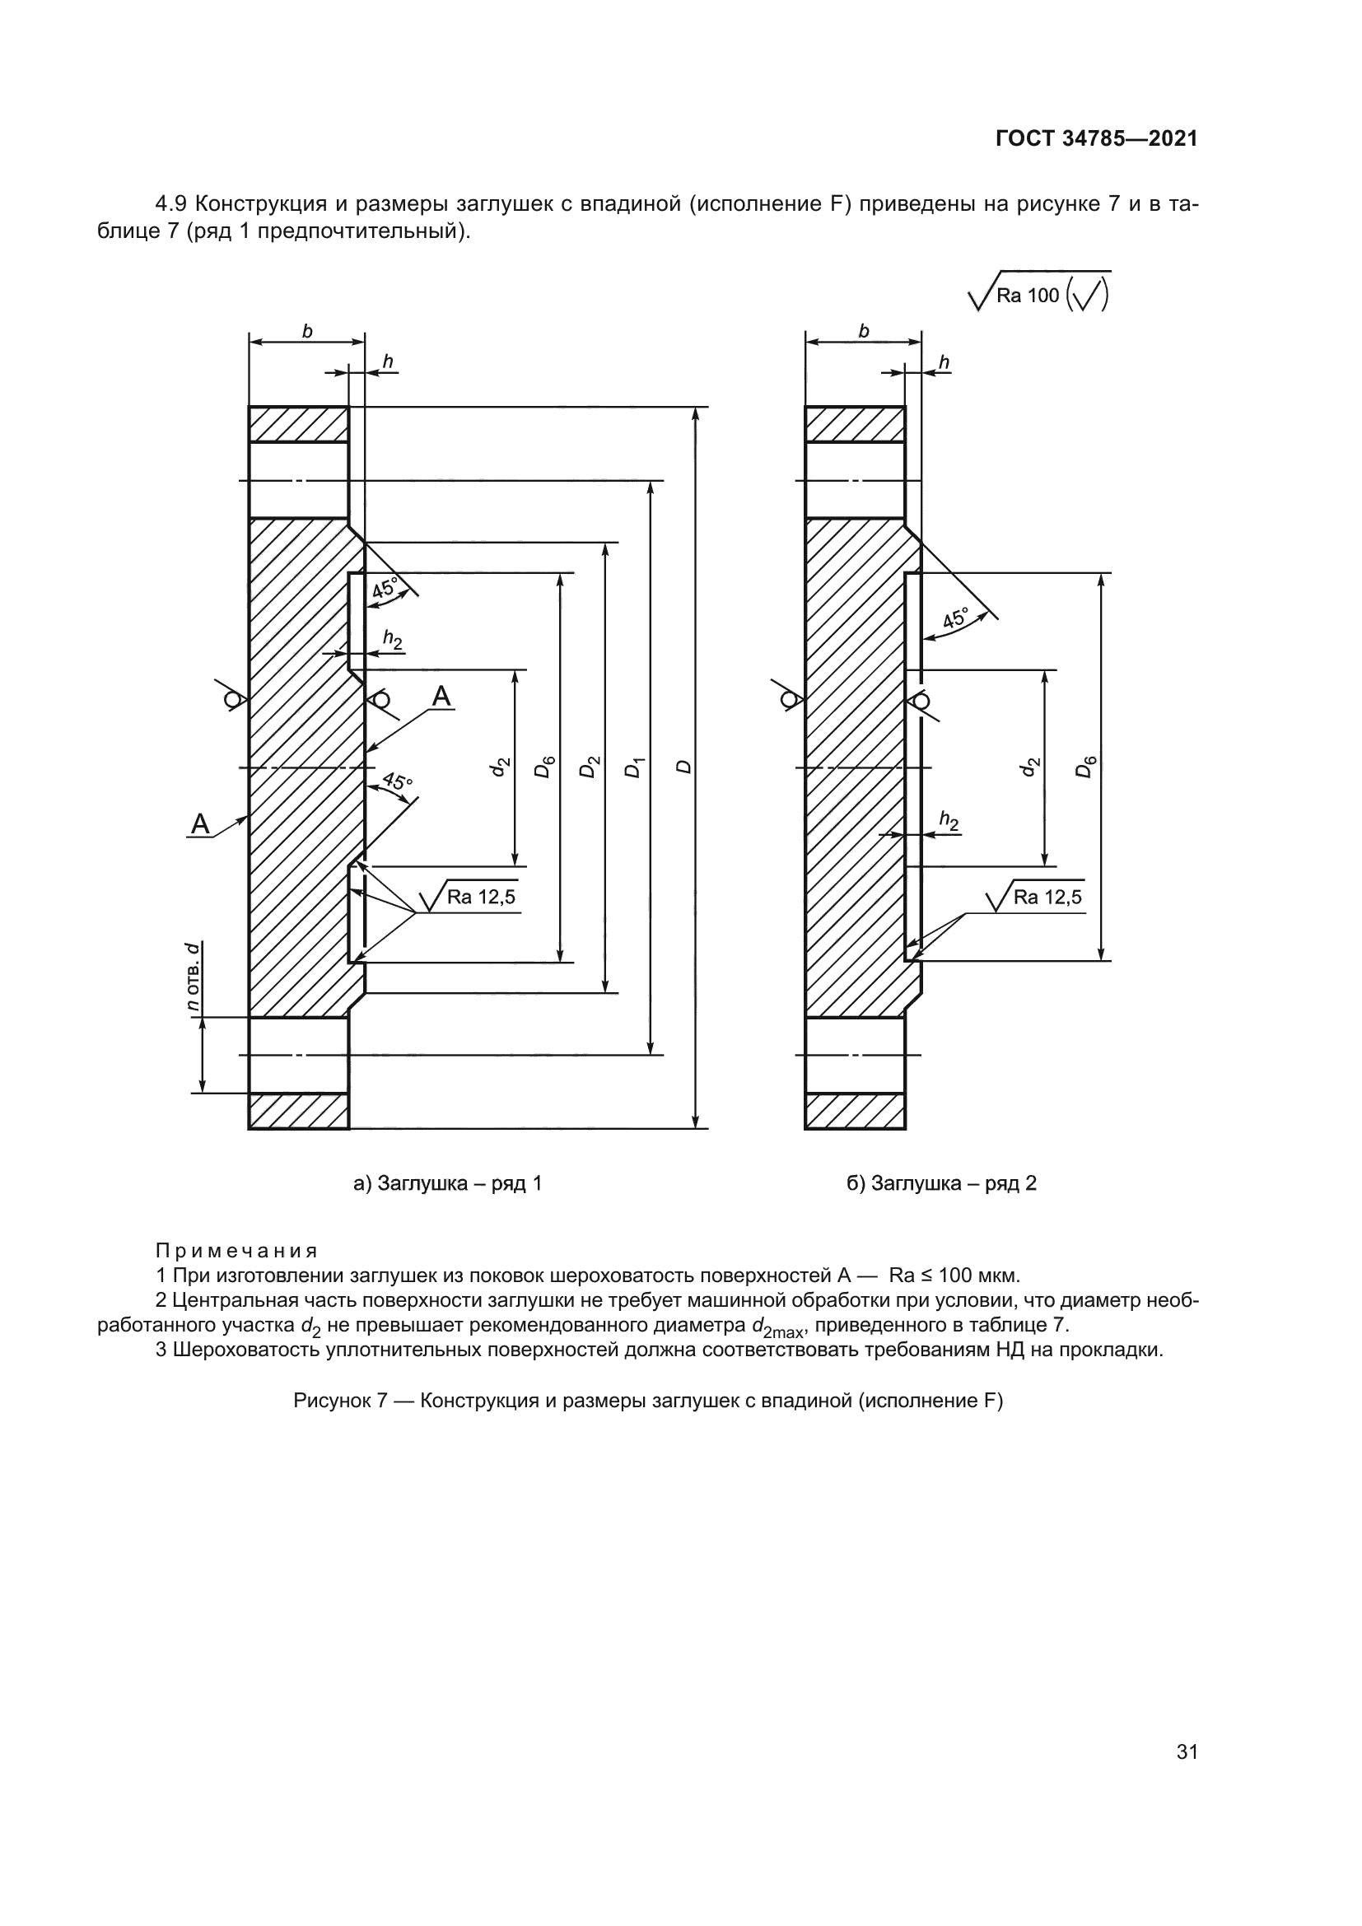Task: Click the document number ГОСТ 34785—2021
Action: click(1096, 139)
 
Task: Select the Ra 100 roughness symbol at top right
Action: click(1039, 296)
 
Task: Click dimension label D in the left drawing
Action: click(684, 767)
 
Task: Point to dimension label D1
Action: click(635, 767)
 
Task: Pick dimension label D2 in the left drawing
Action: click(590, 767)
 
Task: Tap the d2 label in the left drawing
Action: click(500, 767)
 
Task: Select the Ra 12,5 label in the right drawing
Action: click(1047, 897)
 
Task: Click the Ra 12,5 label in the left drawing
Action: click(481, 897)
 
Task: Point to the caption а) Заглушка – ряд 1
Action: click(448, 1183)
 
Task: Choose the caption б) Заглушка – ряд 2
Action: click(942, 1183)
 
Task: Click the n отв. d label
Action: click(193, 977)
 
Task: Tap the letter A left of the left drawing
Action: click(199, 824)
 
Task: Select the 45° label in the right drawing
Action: click(955, 620)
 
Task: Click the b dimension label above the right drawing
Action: click(864, 331)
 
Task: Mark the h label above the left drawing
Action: click(388, 361)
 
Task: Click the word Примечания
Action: click(236, 1252)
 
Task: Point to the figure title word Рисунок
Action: click(332, 1401)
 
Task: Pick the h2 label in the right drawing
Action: click(949, 820)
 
